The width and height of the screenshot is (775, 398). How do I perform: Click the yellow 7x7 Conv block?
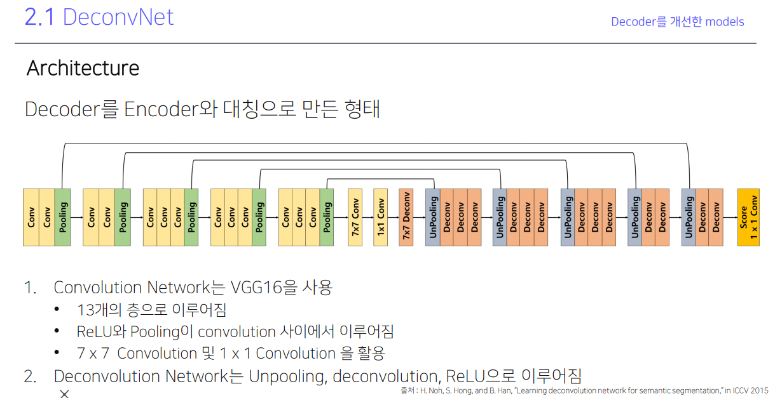(x=355, y=217)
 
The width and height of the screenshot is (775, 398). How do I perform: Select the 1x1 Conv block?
(x=380, y=217)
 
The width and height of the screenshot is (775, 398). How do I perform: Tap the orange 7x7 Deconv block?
(x=406, y=217)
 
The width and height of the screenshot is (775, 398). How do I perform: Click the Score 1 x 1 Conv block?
(x=748, y=217)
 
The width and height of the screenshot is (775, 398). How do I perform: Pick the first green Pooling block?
(x=62, y=217)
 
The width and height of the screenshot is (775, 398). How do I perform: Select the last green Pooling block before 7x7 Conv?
(x=327, y=217)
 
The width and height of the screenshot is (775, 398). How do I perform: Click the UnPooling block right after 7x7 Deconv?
(x=432, y=217)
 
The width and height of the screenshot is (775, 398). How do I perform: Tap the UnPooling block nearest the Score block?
(x=689, y=217)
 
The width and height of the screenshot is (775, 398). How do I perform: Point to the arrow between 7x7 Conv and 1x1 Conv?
(x=367, y=217)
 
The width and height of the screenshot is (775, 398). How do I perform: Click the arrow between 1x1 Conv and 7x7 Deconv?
(x=393, y=217)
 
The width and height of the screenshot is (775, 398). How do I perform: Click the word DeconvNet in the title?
(x=118, y=17)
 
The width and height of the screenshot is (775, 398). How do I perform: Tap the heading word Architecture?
(x=83, y=68)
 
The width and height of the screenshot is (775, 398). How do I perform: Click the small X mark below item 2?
(x=64, y=394)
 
